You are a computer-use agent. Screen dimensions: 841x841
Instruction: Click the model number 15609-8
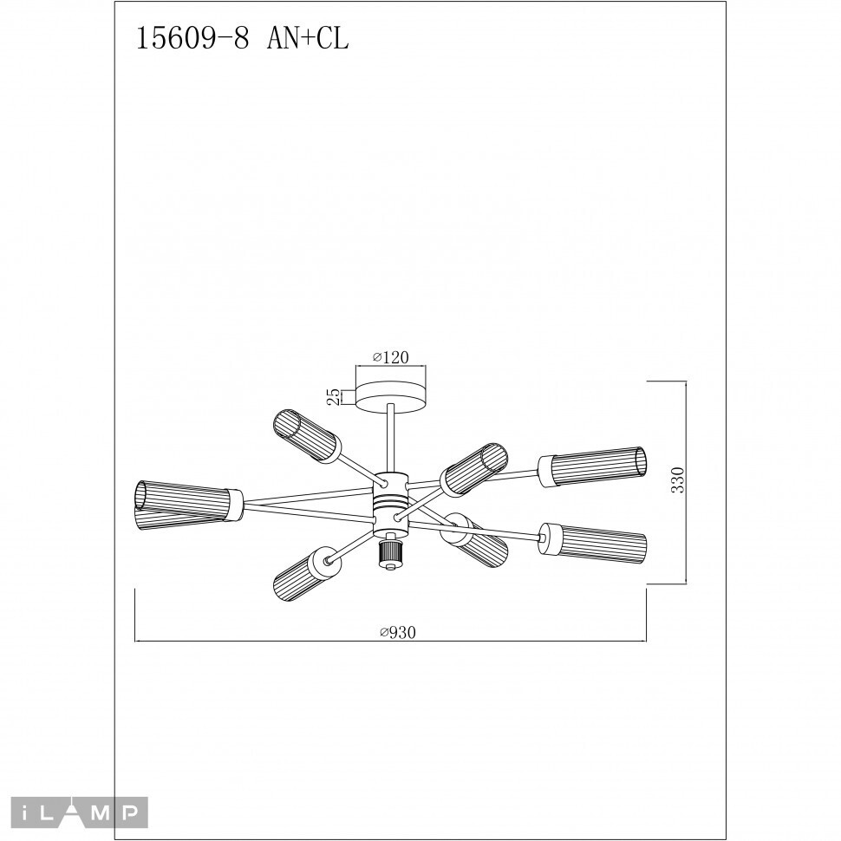(192, 39)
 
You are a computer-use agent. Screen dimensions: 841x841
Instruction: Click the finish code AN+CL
(308, 39)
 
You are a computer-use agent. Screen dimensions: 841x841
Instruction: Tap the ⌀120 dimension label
(390, 357)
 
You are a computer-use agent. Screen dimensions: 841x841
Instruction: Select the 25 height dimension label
(334, 396)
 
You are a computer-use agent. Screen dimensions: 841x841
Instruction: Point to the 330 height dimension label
(679, 480)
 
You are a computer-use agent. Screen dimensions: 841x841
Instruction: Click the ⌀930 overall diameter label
(397, 633)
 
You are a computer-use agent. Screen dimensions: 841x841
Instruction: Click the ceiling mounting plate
(391, 397)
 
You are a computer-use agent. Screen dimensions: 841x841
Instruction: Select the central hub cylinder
(391, 505)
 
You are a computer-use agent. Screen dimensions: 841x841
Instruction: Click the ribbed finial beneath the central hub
(391, 555)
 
